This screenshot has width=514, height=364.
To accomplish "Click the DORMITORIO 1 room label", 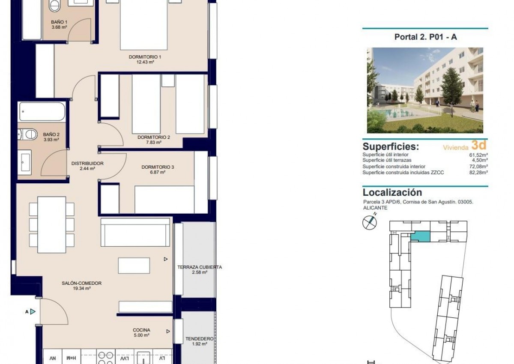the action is coord(145,57).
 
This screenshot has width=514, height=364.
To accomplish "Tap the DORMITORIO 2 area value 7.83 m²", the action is coord(153,142).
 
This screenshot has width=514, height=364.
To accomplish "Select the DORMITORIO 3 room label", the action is coord(158,167).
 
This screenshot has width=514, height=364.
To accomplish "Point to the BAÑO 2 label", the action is coord(51,134).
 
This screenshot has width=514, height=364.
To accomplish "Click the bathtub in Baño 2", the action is coord(42,111).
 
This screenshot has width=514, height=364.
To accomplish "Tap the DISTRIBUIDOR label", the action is coord(87,163).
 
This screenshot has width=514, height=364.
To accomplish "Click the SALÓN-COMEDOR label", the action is coord(81,283).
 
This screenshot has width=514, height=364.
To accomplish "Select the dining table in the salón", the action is coord(52,224).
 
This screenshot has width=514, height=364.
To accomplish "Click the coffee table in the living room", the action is coord(134,266).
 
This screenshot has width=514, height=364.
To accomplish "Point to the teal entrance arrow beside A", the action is coord(33,311).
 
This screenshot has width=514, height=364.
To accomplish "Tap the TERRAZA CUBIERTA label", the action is coord(200,267).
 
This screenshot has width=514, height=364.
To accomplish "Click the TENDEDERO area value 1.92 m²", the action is coord(200,344).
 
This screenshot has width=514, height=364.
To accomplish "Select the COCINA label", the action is coord(141,330).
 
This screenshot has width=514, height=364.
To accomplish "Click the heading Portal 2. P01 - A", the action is coord(425,37).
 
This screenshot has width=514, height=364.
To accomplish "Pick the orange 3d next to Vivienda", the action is coord(479,145).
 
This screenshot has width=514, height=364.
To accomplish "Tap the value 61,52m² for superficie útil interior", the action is coord(478,155).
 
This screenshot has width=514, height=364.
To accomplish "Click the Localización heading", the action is coord(392,192).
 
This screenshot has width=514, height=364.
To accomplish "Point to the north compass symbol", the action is coord(369,222).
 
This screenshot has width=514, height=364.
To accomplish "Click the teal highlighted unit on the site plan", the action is coord(420,236).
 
